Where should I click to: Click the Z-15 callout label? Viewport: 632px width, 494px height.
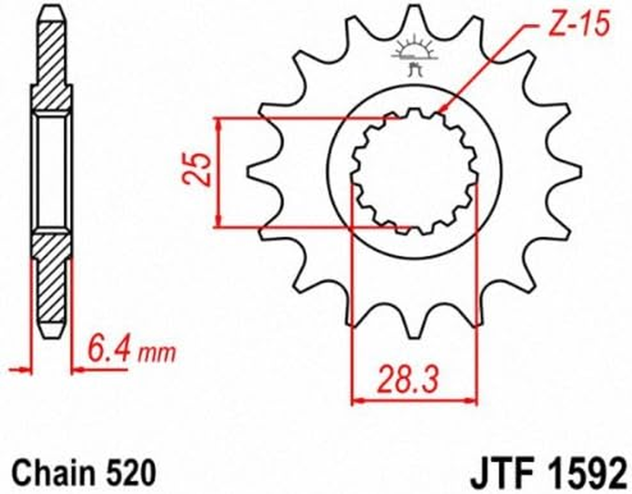(x=578, y=25)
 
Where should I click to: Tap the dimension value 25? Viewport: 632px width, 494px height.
(x=199, y=170)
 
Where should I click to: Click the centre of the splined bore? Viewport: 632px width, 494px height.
(x=415, y=172)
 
